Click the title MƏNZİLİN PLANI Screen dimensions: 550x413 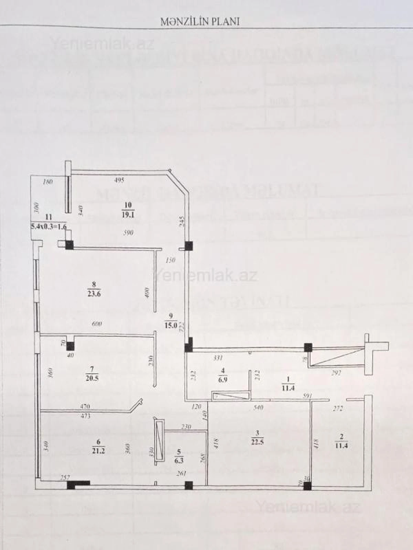point(200,21)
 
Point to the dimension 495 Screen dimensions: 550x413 point(119,180)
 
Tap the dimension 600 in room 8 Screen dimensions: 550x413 point(97,324)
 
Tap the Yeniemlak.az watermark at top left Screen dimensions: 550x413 point(102,44)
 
